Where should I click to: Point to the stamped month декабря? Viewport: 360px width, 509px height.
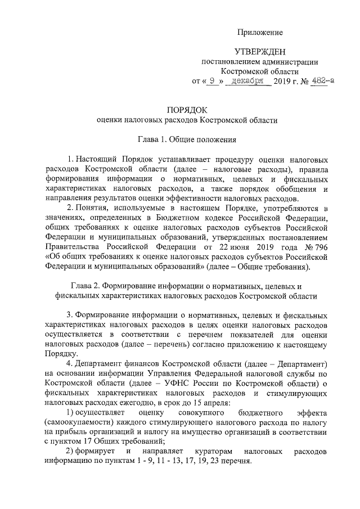(248, 81)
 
